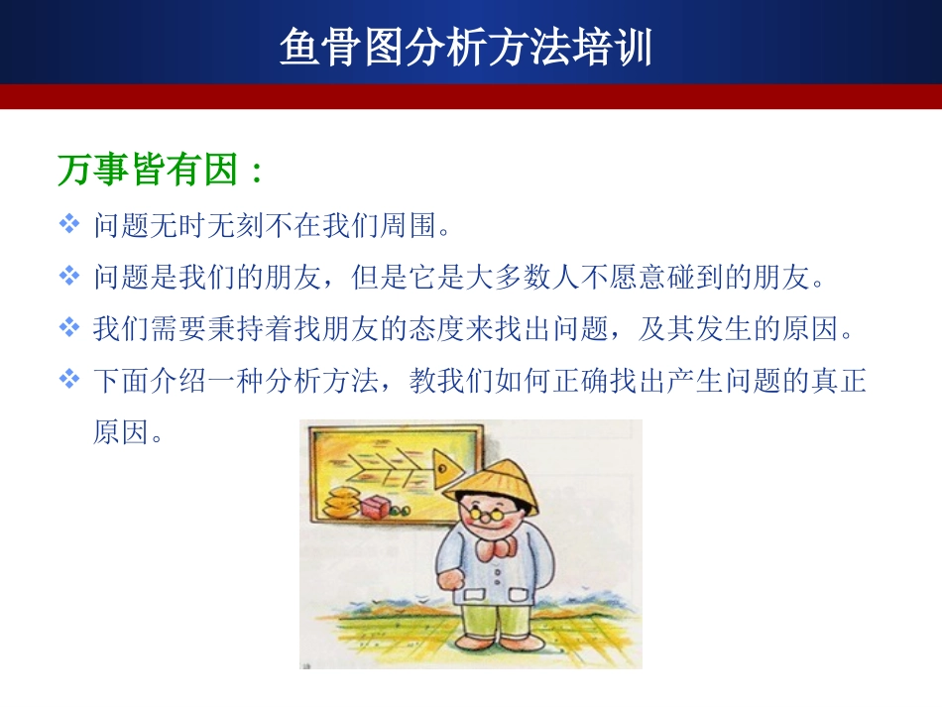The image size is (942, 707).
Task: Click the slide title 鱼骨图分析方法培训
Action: (x=466, y=47)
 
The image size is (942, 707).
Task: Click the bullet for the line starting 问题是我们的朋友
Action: (x=69, y=276)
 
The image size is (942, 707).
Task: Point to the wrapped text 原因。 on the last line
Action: (x=128, y=431)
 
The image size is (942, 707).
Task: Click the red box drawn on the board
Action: (x=377, y=507)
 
